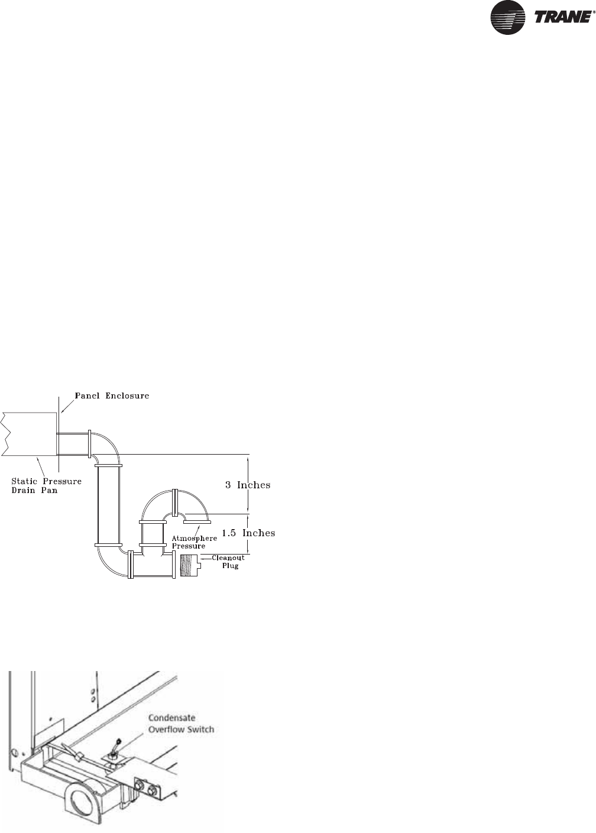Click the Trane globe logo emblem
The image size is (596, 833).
[508, 18]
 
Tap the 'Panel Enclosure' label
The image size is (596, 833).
[112, 396]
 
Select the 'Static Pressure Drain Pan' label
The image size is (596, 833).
[46, 485]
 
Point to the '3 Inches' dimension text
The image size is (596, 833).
[247, 485]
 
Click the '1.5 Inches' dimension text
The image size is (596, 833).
[248, 533]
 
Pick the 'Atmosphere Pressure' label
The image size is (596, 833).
[194, 542]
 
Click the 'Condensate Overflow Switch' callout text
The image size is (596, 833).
[180, 724]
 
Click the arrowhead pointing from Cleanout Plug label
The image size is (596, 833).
[203, 558]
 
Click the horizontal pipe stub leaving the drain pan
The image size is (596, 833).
[73, 443]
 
